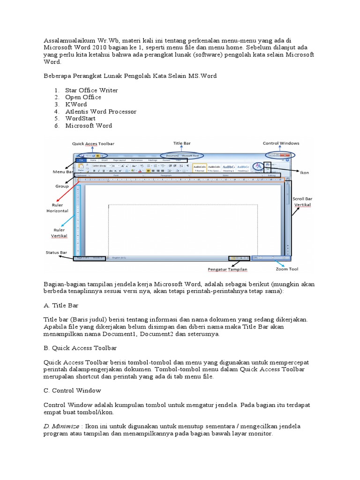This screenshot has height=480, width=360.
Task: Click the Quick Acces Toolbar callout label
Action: point(93,143)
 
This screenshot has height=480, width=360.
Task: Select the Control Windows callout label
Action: point(281,143)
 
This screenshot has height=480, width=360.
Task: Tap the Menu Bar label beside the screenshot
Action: point(63,172)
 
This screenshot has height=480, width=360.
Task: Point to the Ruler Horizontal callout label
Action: point(57,208)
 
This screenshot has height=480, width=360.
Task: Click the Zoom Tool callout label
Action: point(287,269)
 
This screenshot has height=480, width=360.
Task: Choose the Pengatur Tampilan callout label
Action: point(227,270)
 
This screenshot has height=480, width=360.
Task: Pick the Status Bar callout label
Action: point(56,253)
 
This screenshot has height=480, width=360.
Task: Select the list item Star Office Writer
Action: point(91,90)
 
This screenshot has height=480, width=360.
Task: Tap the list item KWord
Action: point(76,104)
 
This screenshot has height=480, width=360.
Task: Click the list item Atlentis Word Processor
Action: point(101,112)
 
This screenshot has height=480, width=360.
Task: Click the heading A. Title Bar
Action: point(61,305)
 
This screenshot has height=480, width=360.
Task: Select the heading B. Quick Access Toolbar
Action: point(80,348)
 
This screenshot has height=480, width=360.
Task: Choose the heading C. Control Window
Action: point(72,390)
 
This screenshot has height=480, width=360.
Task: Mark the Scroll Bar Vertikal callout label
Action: point(302,202)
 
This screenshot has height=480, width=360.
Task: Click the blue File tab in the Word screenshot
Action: point(81,160)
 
